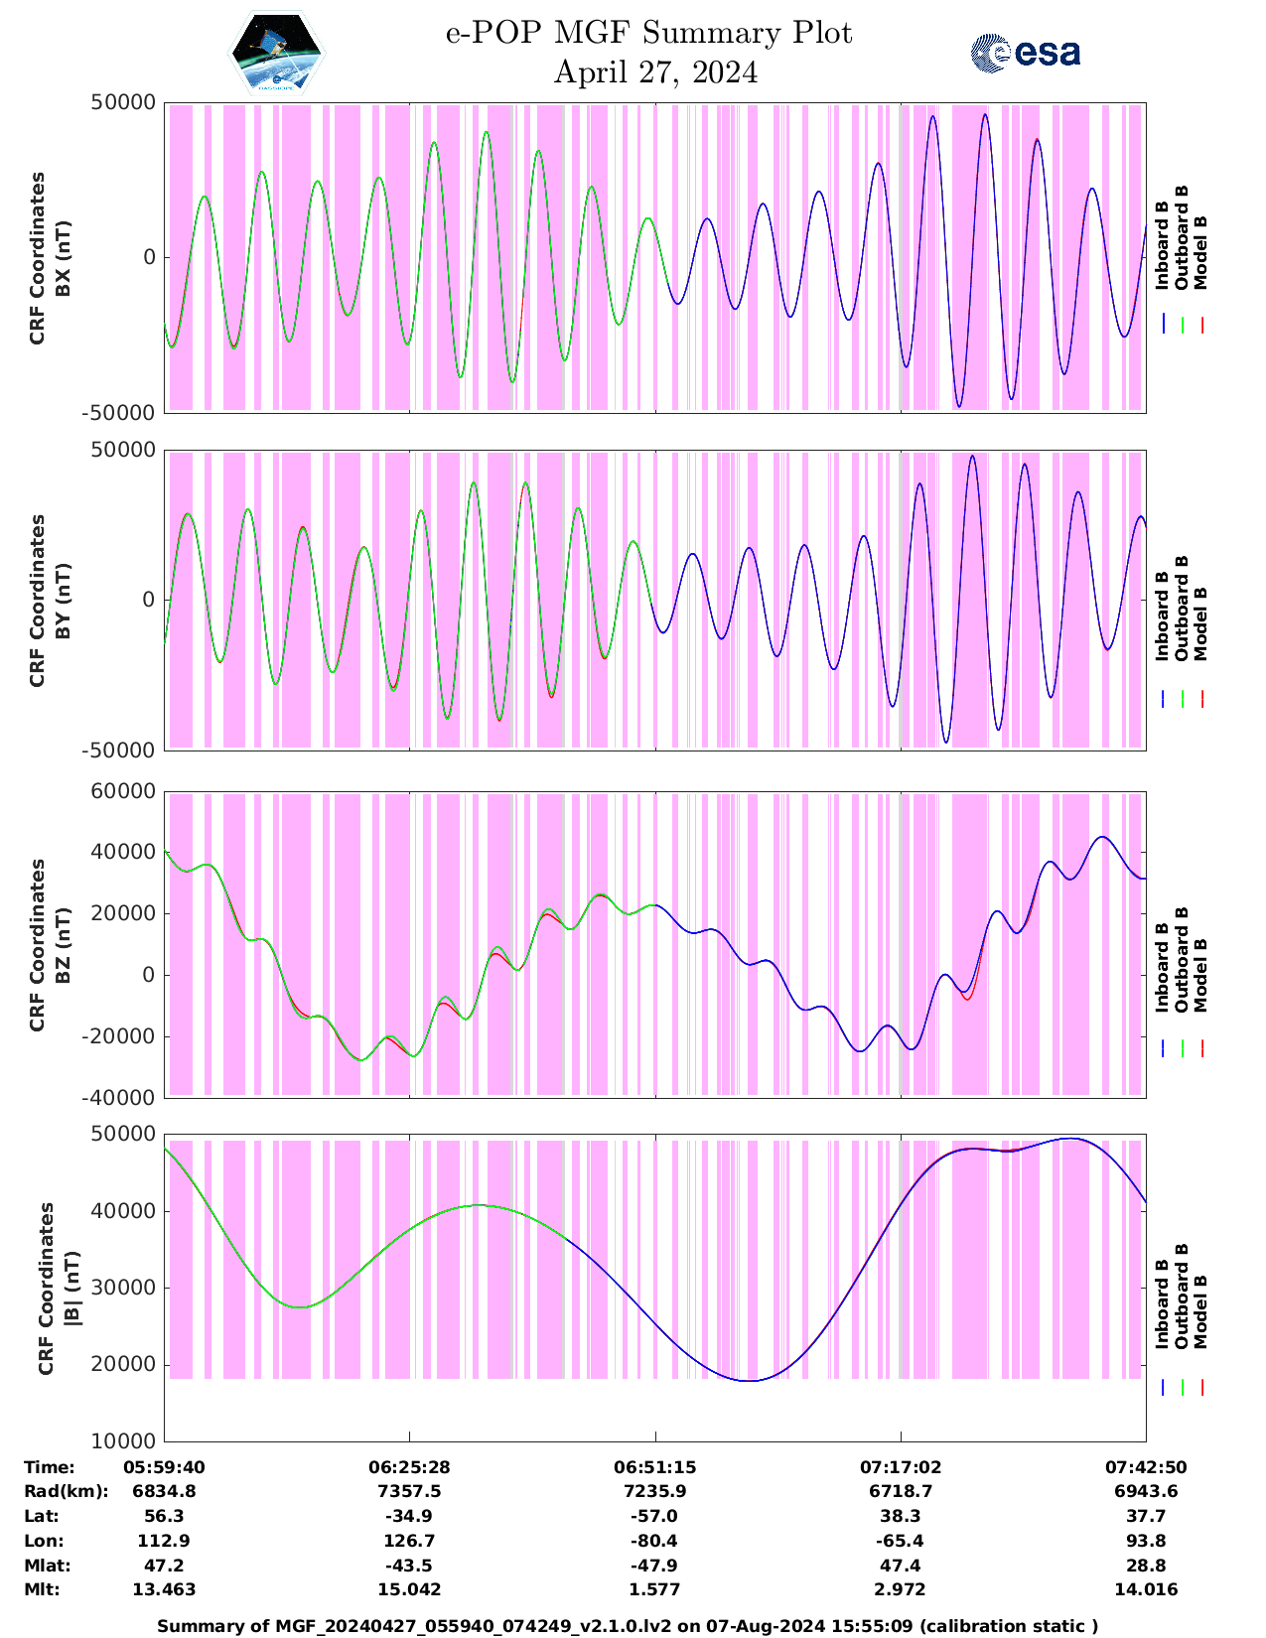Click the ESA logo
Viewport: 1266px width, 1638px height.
[x=1025, y=53]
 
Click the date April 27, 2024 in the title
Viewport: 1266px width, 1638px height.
[x=655, y=72]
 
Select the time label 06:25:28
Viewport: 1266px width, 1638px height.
[x=409, y=1467]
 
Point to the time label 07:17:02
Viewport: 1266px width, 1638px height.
[x=901, y=1467]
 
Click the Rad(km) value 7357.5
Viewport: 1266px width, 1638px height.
[x=409, y=1491]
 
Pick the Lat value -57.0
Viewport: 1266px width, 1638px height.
[x=654, y=1516]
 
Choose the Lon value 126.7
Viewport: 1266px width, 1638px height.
[x=409, y=1541]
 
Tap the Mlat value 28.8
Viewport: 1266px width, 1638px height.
[x=1146, y=1566]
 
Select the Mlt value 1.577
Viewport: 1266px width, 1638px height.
[x=654, y=1589]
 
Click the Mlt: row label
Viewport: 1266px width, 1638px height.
[x=42, y=1589]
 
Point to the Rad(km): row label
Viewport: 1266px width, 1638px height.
[x=66, y=1491]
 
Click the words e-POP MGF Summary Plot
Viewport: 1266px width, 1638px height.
[x=648, y=33]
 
